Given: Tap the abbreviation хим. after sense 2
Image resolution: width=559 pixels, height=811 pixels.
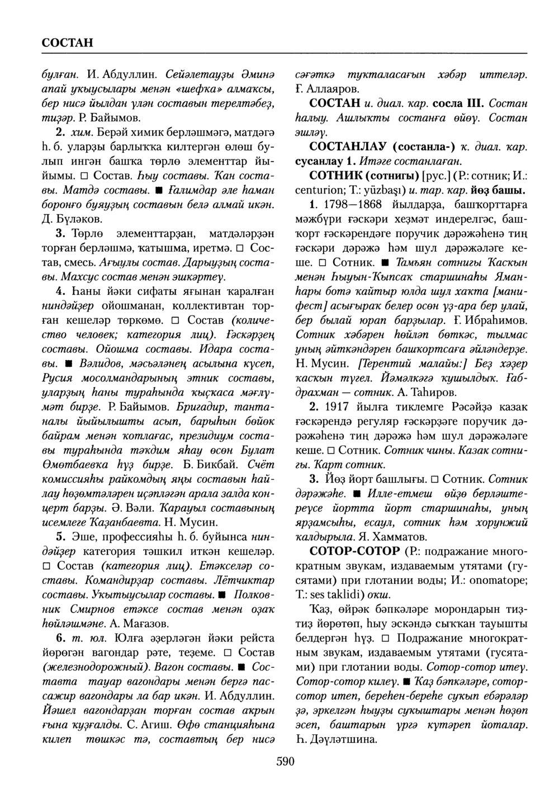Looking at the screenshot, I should point(80,133).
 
